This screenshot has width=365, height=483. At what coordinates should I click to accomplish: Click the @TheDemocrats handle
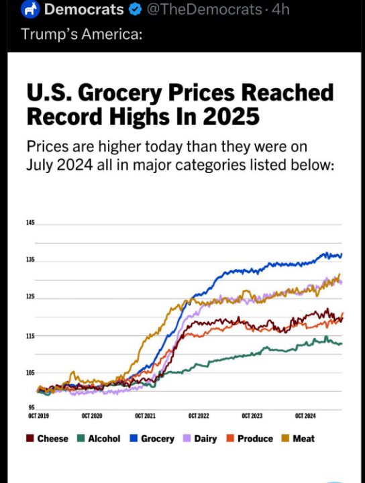click(x=204, y=9)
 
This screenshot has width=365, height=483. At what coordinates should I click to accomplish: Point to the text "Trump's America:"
click(x=81, y=34)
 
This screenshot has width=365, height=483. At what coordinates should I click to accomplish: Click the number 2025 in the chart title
click(x=229, y=116)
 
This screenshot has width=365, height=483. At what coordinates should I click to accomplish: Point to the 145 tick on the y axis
click(x=31, y=222)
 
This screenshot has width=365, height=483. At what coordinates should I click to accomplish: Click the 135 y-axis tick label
click(x=31, y=260)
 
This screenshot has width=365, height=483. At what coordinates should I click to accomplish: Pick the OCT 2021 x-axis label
click(x=145, y=417)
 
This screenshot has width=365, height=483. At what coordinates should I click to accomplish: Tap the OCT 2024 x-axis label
click(x=305, y=417)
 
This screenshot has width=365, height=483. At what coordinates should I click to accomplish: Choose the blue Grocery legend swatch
click(x=134, y=439)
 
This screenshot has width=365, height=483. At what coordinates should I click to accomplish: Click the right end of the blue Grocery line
click(x=341, y=255)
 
